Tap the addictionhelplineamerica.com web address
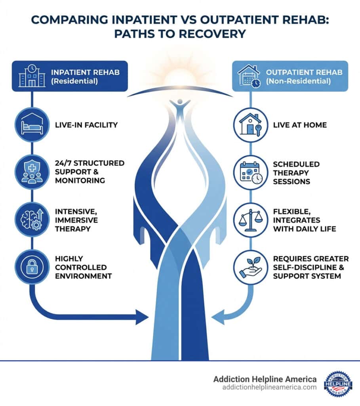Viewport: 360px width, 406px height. pos(269,387)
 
